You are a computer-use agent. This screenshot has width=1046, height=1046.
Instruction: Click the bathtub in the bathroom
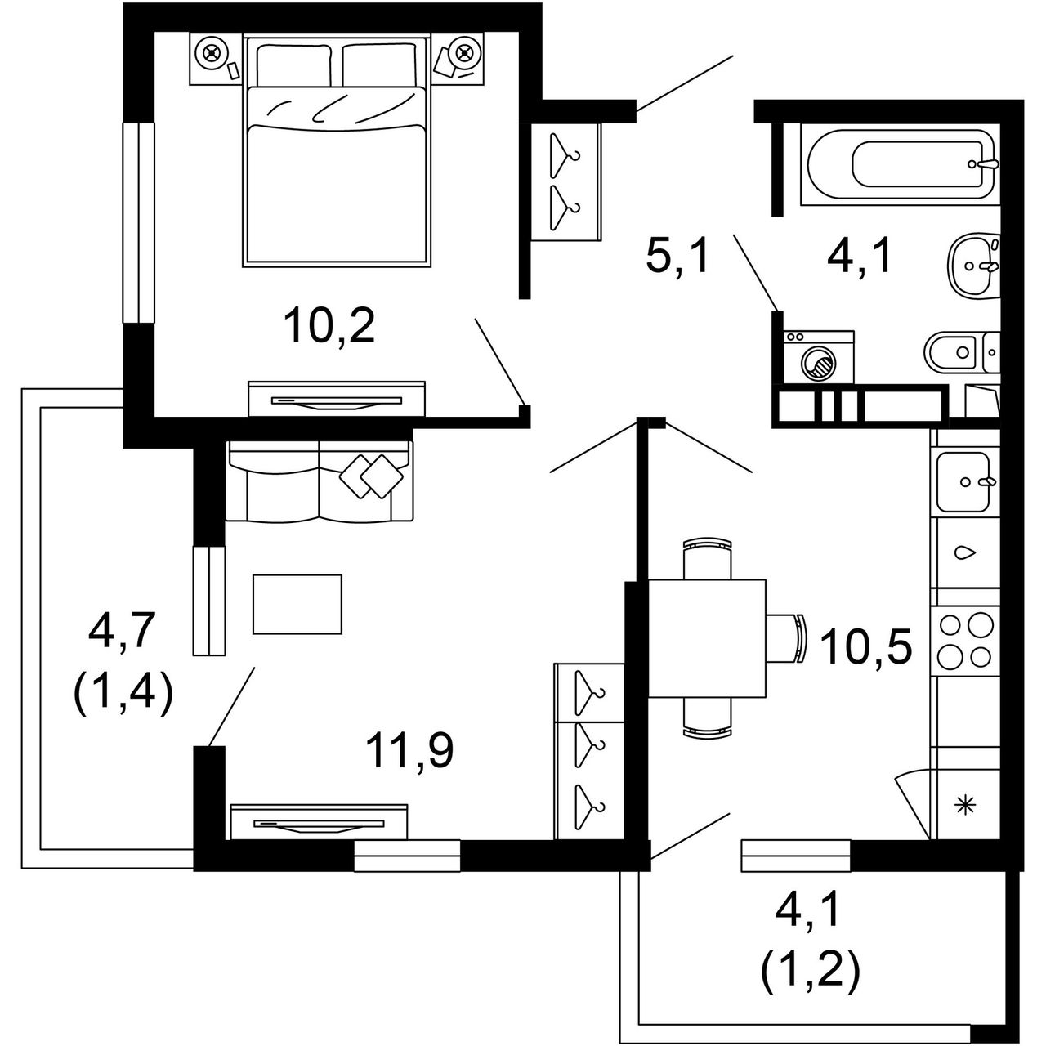coord(900,168)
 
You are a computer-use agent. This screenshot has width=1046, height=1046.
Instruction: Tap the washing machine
coord(818,357)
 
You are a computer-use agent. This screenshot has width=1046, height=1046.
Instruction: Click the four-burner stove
coord(966,641)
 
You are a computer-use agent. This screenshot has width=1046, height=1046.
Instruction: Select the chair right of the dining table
coord(786,637)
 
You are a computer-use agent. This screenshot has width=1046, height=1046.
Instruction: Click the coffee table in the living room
coord(297,604)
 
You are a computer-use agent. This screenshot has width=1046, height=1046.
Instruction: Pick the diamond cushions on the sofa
coord(372,476)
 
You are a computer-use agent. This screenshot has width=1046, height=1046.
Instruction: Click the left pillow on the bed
coord(293,65)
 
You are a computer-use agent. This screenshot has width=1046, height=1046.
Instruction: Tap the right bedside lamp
coord(463,54)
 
